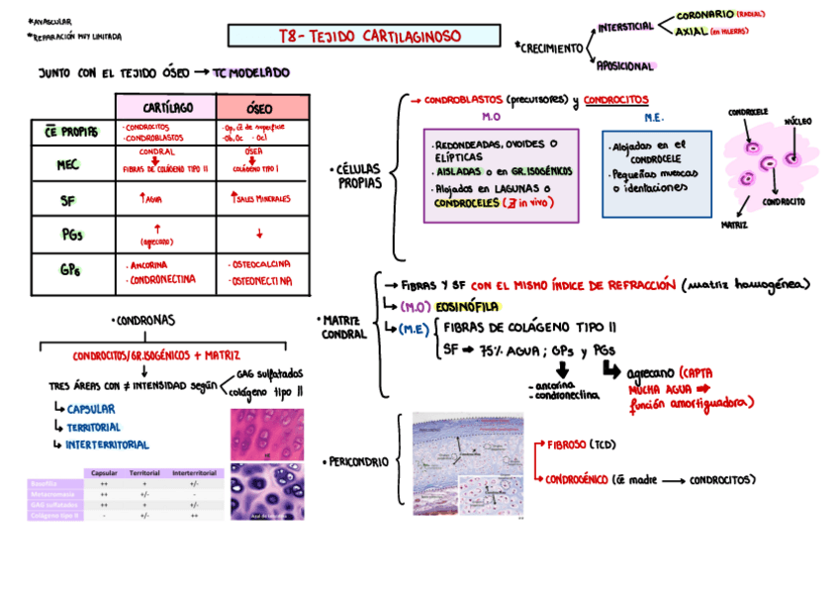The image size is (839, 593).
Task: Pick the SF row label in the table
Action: tap(68, 200)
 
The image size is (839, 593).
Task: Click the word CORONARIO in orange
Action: tap(704, 15)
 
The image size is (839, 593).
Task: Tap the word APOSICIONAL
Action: tap(624, 66)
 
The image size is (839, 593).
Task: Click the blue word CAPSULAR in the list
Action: tap(91, 409)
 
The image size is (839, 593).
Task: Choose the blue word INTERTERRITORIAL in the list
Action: tap(108, 445)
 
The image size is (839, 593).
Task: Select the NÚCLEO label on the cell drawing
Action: tap(797, 121)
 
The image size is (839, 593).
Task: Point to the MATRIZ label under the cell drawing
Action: tap(734, 225)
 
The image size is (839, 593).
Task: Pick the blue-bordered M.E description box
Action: tap(657, 172)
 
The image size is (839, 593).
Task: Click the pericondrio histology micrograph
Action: tap(468, 462)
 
